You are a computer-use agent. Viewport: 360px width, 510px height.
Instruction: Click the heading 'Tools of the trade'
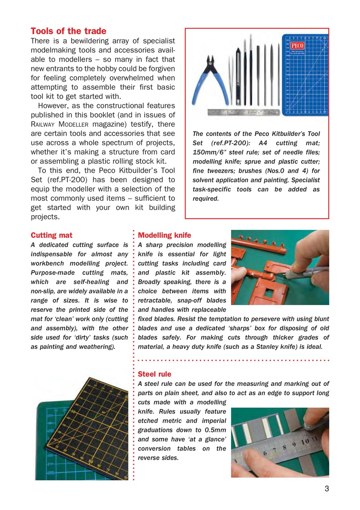point(68,31)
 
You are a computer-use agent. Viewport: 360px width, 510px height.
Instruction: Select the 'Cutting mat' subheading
point(51,235)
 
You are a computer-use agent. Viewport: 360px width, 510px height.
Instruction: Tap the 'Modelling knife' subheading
point(164,235)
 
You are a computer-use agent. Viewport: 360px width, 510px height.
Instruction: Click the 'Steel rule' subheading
point(154,374)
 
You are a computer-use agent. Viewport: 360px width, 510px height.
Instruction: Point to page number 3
point(327,489)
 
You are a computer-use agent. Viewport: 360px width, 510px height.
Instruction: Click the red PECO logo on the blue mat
point(297,45)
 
